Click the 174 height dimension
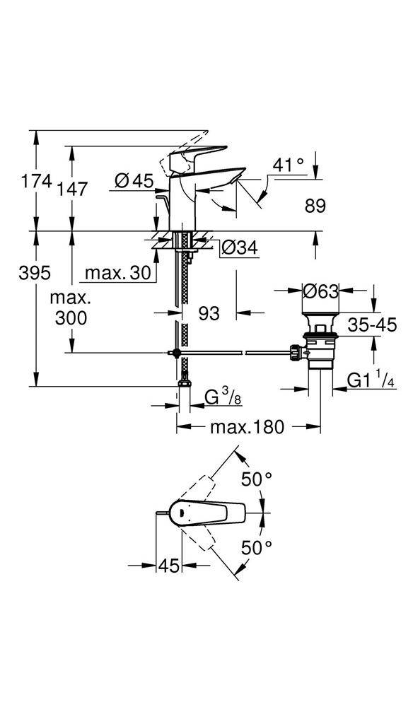tap(37, 182)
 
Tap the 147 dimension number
tap(72, 189)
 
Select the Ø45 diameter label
tap(134, 181)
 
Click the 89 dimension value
tap(315, 206)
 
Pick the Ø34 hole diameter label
tap(240, 247)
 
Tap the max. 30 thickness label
tap(118, 273)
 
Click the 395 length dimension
tap(34, 273)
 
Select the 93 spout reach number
tap(209, 313)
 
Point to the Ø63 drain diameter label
tap(320, 291)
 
